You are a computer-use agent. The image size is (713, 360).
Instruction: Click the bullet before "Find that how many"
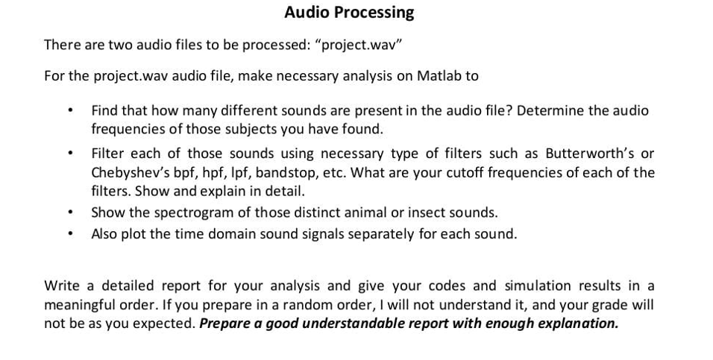tap(69, 111)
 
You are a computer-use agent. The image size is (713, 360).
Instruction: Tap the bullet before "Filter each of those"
tap(69, 154)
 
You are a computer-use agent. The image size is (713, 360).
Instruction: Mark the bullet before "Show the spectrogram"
tap(69, 213)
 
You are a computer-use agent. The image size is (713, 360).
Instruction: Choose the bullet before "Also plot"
tap(69, 234)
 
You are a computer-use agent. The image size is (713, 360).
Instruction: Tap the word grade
tap(612, 305)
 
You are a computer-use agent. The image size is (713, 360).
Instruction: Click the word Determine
tap(549, 111)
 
